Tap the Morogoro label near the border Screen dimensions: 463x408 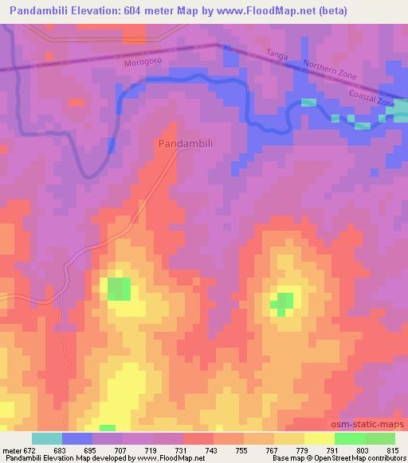(x=143, y=61)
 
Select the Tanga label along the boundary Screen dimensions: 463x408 (x=277, y=54)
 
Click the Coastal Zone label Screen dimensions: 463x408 (x=371, y=99)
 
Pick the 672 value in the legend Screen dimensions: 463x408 (x=34, y=449)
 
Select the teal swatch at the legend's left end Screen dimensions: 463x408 (x=46, y=438)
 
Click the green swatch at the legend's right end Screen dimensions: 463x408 (x=379, y=438)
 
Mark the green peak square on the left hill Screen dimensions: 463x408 (x=120, y=289)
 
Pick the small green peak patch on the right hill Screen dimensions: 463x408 (x=282, y=302)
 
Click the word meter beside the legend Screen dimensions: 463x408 (x=11, y=449)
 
